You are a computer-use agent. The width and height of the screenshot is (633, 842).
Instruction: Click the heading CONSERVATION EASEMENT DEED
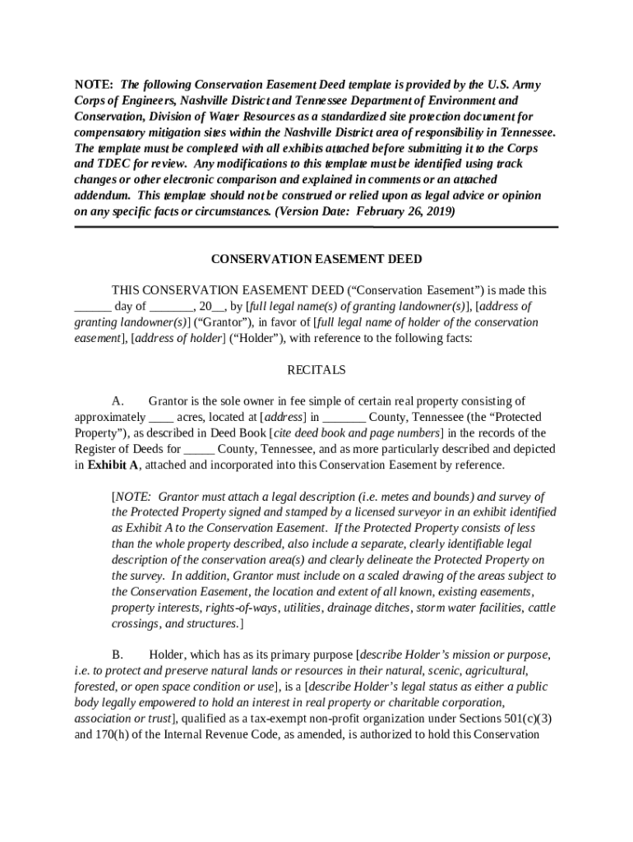click(x=316, y=259)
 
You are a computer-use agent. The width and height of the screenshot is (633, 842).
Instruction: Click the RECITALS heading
click(x=316, y=370)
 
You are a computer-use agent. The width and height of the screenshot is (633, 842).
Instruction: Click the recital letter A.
click(x=118, y=401)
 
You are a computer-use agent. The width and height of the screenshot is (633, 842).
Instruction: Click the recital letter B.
click(x=118, y=655)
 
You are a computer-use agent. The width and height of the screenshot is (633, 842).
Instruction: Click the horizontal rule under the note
click(x=316, y=227)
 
